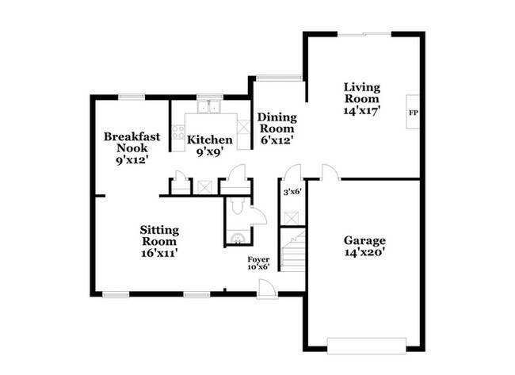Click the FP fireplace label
412,113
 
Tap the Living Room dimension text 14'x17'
363,112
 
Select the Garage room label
364,241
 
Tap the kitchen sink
210,107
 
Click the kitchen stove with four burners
177,132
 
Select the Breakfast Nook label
132,142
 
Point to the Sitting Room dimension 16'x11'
158,254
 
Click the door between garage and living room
329,172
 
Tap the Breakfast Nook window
131,98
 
